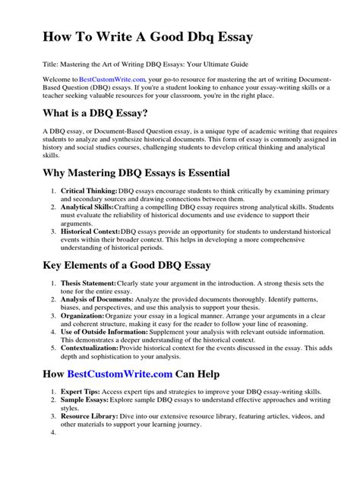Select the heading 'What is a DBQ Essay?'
click(x=94, y=114)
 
